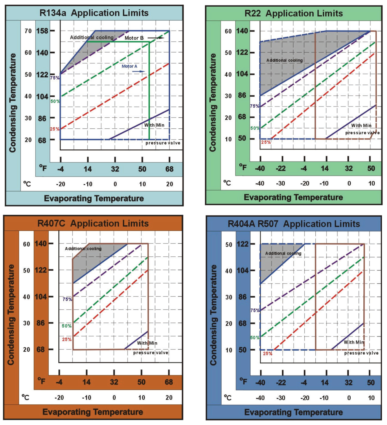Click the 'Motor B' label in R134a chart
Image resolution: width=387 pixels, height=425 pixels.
pos(134,38)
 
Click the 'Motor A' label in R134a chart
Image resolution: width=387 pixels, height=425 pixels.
pos(129,66)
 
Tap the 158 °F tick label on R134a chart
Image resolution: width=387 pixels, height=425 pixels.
pos(42,31)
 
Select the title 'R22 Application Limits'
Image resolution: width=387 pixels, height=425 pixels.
pos(293,13)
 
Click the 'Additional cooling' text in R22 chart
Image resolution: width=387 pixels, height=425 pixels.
pos(284,60)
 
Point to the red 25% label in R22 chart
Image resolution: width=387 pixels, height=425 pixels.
pos(266,142)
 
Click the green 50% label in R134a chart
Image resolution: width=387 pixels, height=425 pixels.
pos(55,101)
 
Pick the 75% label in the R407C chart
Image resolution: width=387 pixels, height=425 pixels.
pos(67,299)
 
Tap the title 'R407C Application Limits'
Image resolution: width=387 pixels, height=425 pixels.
pos(93,223)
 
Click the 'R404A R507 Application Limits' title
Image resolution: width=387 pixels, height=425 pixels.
pos(294,224)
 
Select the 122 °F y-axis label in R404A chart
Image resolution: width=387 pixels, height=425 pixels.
pos(243,244)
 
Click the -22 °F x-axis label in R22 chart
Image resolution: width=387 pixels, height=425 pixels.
pos(281,168)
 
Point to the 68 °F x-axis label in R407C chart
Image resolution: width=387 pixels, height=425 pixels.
pos(169,382)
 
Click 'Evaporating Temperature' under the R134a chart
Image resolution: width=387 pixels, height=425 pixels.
pos(94,198)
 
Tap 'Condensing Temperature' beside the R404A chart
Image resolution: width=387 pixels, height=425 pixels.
pos(213,315)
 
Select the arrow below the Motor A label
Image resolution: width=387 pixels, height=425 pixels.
pos(139,71)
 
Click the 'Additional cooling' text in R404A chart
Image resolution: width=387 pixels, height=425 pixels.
pos(283,253)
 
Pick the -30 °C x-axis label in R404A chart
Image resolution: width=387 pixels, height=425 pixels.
pos(281,398)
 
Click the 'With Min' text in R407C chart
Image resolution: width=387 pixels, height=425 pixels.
pos(147,343)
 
